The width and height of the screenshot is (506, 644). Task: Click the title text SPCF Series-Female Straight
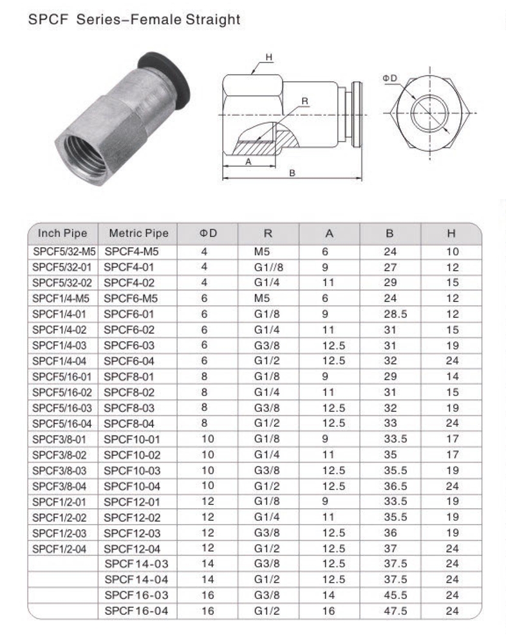click(x=135, y=20)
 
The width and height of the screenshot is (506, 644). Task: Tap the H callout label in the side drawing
click(x=269, y=58)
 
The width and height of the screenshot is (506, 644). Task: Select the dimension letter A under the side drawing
click(x=248, y=162)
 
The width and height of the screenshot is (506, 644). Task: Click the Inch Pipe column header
click(x=62, y=233)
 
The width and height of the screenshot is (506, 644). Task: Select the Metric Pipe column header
click(x=138, y=233)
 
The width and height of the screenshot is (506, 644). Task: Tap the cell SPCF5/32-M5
click(x=64, y=251)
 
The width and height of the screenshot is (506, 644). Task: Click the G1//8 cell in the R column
click(x=268, y=267)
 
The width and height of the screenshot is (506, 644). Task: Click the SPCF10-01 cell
click(x=135, y=439)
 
